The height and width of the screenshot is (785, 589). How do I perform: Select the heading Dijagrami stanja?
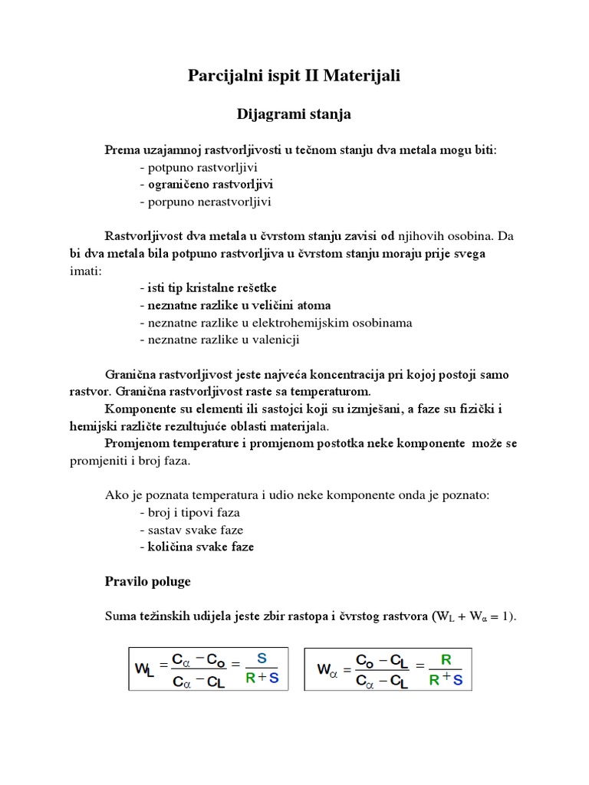293,114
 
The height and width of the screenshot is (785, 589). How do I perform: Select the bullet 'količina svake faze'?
196,547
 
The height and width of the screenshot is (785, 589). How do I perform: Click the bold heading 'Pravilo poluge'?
147,582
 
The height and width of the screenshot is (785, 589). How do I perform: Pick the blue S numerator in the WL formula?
262,658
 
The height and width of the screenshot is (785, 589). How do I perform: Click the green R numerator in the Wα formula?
446,658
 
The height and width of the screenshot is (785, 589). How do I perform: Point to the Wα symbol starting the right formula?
327,668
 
